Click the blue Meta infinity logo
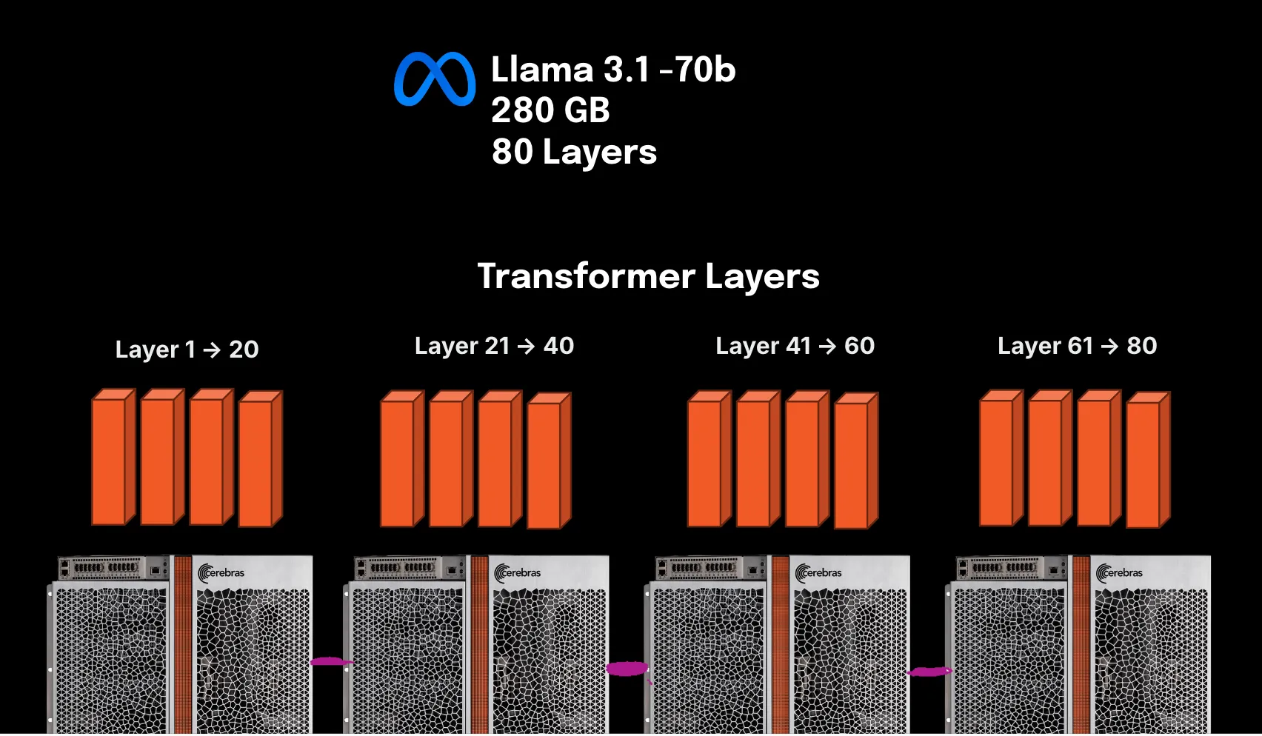[435, 78]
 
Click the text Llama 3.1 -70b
[613, 70]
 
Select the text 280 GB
[550, 110]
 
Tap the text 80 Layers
[574, 152]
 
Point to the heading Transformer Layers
[648, 276]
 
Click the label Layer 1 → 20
[187, 349]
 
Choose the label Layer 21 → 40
[494, 346]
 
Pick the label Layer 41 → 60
[795, 346]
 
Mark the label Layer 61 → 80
[1077, 346]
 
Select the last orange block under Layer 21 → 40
[547, 463]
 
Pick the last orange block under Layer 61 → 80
[1146, 463]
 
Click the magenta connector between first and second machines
[329, 661]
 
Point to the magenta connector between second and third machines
[627, 669]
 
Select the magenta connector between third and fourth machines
[929, 672]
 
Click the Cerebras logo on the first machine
[221, 573]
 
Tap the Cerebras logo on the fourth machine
[1120, 573]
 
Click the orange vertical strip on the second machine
[480, 644]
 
